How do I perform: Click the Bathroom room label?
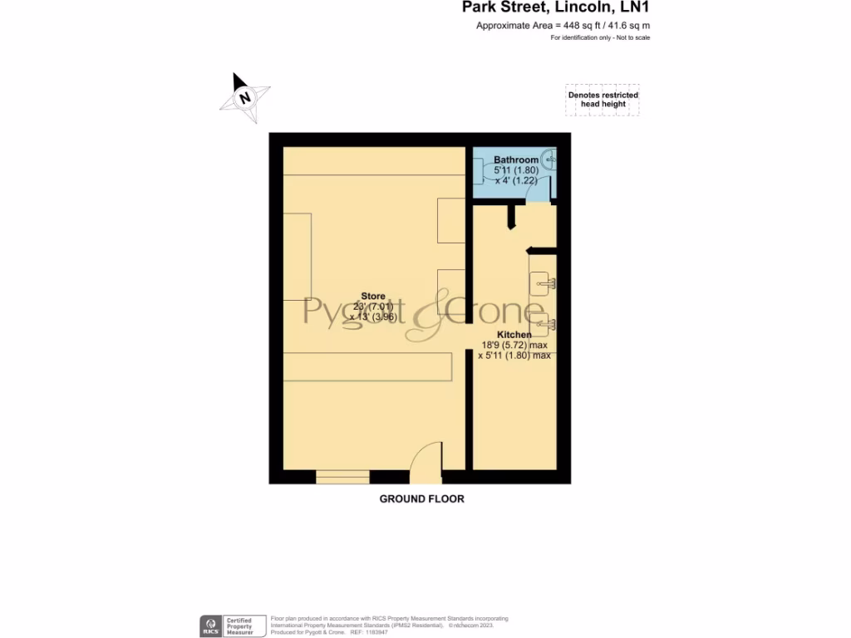click(516, 159)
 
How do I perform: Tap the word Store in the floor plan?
click(373, 296)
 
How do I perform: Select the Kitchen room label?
click(514, 335)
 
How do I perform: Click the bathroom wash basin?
click(549, 159)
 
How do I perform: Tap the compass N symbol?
click(244, 97)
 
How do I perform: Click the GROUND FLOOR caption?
click(421, 499)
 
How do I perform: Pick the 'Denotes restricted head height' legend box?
click(603, 100)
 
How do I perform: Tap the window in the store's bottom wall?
click(342, 477)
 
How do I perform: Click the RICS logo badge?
click(210, 626)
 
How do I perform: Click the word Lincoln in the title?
click(581, 8)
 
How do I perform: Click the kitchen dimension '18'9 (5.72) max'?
click(514, 345)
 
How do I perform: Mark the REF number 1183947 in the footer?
click(377, 632)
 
